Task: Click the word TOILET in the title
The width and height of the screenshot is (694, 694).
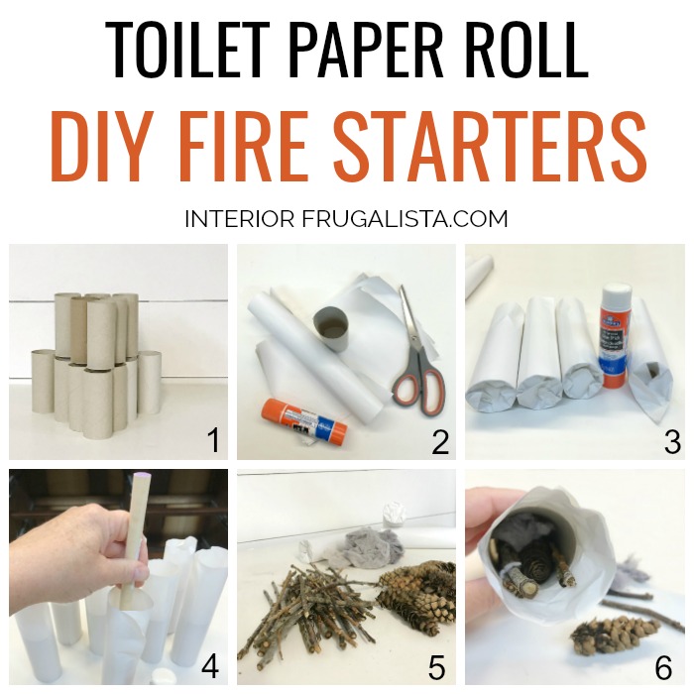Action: [x=187, y=50]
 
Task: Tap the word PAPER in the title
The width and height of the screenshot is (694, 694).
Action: [x=367, y=50]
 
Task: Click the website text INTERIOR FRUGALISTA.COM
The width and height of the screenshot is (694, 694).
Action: [x=346, y=219]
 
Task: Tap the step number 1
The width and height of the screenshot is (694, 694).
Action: [x=214, y=440]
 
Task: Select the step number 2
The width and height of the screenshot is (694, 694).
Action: [x=440, y=440]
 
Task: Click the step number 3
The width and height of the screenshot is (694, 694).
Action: [x=672, y=441]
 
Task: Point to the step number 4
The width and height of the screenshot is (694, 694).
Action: [x=210, y=666]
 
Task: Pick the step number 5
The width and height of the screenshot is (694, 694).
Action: [x=436, y=666]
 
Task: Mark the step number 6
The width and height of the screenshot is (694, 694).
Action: [x=663, y=666]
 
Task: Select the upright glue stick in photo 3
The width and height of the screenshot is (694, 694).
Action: [x=616, y=336]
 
